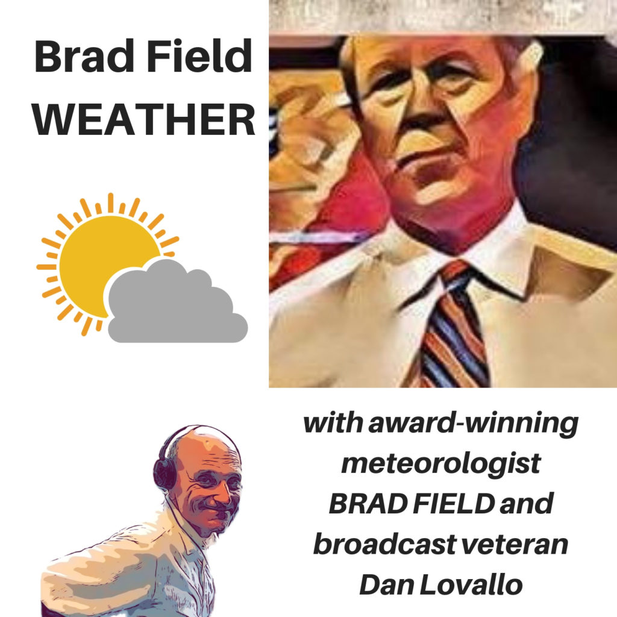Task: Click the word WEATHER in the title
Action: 144,119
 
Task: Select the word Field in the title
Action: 199,56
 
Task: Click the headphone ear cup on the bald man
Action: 164,474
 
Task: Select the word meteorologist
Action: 440,463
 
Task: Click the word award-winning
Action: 473,424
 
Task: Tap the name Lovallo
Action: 471,584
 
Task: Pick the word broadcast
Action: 384,544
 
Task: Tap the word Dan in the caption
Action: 387,584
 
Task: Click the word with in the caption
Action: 334,422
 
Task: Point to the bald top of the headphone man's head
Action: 201,443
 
